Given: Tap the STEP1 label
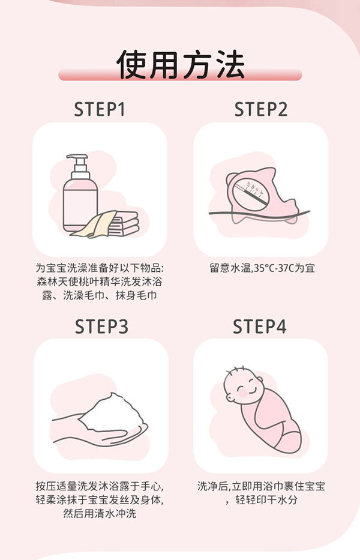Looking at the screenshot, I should pos(100,110).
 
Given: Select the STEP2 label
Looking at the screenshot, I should pos(261,110).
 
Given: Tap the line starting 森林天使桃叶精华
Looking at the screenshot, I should pos(100,282).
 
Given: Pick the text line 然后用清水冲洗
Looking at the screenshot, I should pos(100,514).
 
